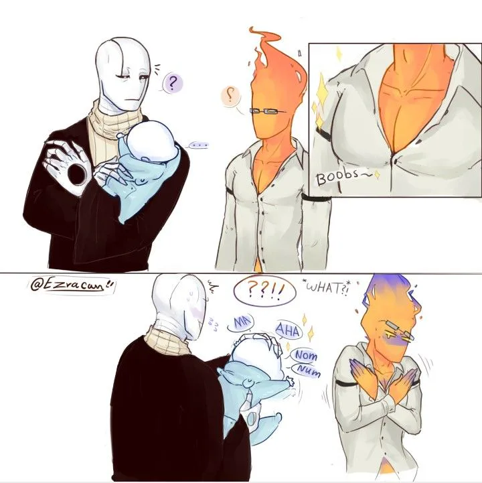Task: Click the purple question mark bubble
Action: [172, 83]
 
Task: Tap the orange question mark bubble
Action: [230, 96]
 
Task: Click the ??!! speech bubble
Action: [264, 291]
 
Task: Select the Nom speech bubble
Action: [305, 356]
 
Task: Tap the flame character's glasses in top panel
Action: [267, 111]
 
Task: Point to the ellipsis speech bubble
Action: [199, 145]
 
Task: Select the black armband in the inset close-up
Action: [323, 135]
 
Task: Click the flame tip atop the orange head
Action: [253, 29]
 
